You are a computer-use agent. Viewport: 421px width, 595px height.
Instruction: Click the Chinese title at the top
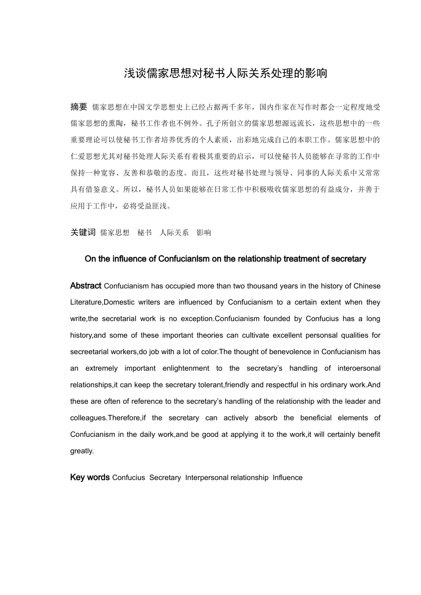(225, 73)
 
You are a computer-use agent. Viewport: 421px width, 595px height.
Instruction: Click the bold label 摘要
(79, 107)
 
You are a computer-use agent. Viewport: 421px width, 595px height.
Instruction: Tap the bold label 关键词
(83, 232)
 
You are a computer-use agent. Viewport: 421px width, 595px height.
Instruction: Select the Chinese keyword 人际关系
(174, 233)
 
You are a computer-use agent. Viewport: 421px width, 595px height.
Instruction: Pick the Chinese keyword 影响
(204, 233)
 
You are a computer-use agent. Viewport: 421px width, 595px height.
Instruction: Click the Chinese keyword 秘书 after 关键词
(144, 233)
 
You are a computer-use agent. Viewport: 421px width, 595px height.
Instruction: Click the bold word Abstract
(86, 286)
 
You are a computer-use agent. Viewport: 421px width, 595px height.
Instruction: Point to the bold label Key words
(90, 477)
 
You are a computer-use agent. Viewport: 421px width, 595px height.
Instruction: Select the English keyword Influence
(288, 478)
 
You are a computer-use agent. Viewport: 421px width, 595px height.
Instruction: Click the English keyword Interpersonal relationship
(226, 478)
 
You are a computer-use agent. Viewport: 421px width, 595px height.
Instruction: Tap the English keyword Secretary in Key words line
(165, 478)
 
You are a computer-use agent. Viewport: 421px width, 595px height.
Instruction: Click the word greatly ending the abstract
(82, 451)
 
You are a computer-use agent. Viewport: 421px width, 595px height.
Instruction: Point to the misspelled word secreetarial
(90, 352)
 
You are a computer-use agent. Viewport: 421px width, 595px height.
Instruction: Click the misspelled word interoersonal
(359, 368)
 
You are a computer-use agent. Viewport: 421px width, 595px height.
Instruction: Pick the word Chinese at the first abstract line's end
(367, 286)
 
